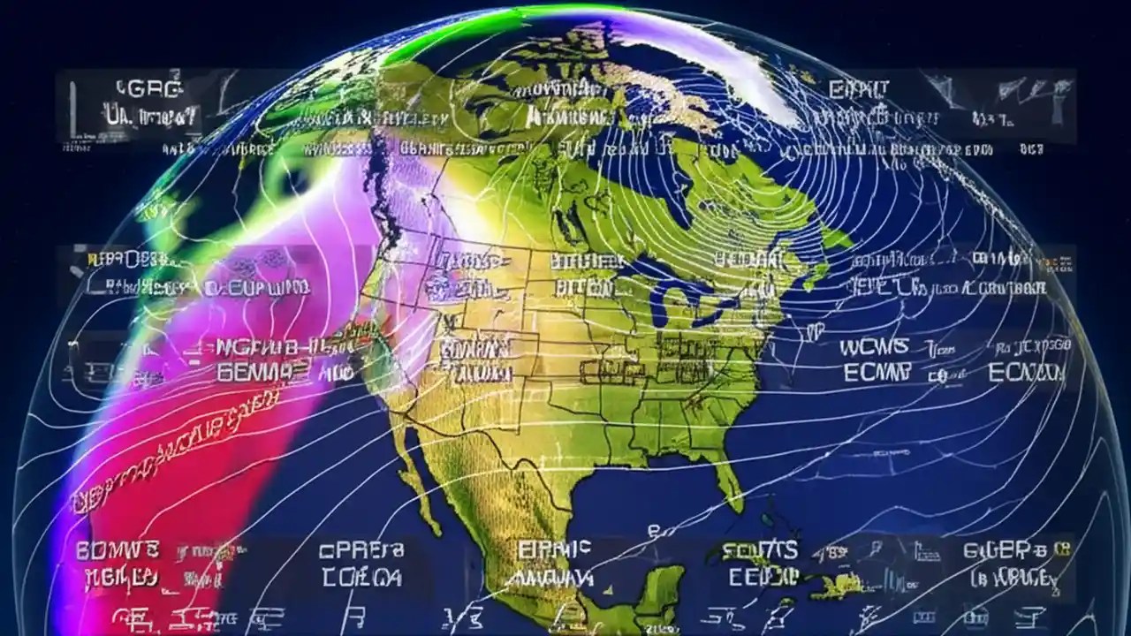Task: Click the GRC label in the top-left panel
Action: tap(148, 88)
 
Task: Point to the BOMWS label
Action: tap(118, 551)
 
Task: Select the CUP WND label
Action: tap(257, 288)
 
